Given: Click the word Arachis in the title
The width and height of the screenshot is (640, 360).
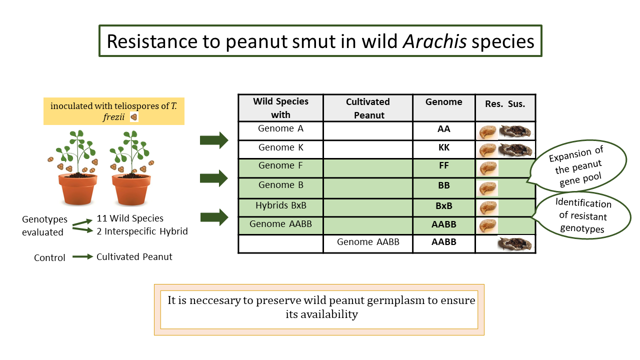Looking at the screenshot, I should (433, 41).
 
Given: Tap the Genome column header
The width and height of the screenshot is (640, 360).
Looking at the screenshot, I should (443, 102).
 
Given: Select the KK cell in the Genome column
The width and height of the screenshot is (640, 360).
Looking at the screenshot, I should (443, 148).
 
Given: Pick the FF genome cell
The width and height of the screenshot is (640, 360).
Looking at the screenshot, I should (443, 166).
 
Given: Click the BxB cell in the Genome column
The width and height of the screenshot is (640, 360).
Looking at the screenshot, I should (443, 205).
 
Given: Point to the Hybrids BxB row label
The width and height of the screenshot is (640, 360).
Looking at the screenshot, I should (280, 205).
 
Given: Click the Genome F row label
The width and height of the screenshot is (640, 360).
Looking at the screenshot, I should (280, 165).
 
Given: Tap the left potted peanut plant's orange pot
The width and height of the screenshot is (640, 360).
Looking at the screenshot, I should (77, 190).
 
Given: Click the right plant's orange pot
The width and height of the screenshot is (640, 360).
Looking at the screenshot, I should (131, 190).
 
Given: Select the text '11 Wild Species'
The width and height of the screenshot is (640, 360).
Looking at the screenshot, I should (130, 218).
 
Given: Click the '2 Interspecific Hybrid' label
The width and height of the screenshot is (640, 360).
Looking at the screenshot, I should (142, 231).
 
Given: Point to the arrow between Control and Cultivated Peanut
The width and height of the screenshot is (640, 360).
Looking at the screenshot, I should (83, 257).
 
